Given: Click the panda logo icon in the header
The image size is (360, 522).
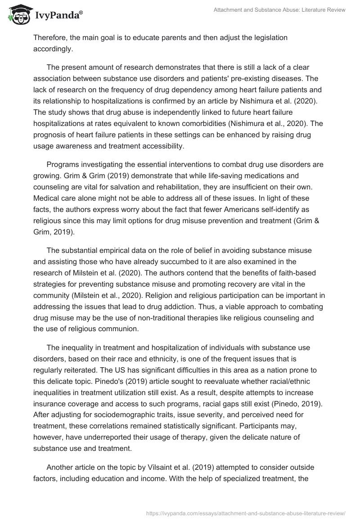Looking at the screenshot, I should [18, 15].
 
